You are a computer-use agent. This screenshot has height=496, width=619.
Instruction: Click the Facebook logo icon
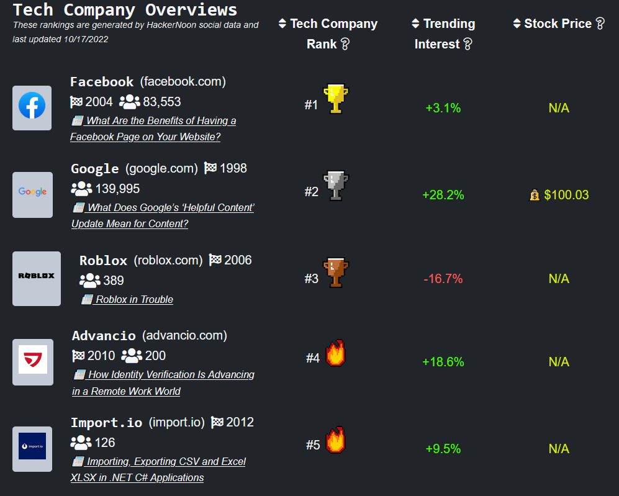32,107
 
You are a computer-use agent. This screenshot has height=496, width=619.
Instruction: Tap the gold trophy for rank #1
336,99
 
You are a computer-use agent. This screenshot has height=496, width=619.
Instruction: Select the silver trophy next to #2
336,186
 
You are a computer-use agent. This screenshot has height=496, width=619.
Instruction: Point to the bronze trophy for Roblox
336,273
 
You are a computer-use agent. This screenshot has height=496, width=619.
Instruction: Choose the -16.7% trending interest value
443,279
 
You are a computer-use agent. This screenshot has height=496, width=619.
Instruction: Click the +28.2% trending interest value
443,195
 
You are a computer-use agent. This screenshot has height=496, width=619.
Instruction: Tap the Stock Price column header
558,24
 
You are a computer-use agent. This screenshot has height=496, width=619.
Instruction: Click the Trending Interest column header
443,34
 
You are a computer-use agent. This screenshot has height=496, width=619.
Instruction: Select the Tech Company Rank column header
328,34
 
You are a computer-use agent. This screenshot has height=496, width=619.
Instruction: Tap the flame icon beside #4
335,354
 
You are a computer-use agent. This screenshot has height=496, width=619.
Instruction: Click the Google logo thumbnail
32,194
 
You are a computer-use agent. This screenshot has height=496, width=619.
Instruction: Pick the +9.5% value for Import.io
443,448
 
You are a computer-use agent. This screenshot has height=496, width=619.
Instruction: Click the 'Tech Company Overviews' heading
125,10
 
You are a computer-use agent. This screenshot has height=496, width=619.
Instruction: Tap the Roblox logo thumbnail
36,278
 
